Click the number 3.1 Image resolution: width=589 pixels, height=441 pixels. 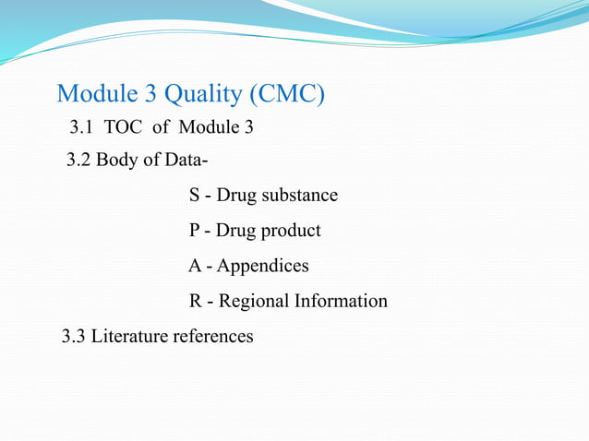point(82,126)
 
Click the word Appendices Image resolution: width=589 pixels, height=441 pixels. point(263,267)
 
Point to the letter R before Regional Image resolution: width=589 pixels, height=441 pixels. point(196,302)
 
